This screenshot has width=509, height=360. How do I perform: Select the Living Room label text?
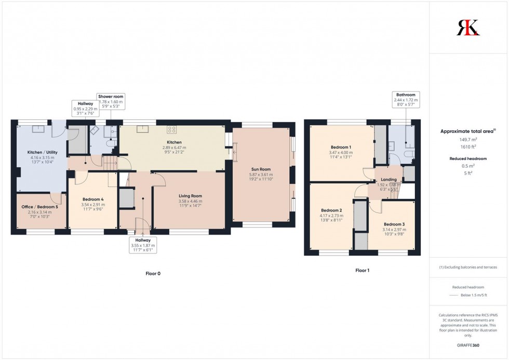190,196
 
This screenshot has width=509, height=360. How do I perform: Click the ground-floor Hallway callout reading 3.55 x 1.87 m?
143,244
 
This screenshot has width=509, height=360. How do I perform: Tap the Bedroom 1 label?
340,147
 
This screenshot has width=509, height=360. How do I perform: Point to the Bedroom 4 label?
93,199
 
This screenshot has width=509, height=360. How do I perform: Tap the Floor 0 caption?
152,273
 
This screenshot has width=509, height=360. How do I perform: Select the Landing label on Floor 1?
389,179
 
